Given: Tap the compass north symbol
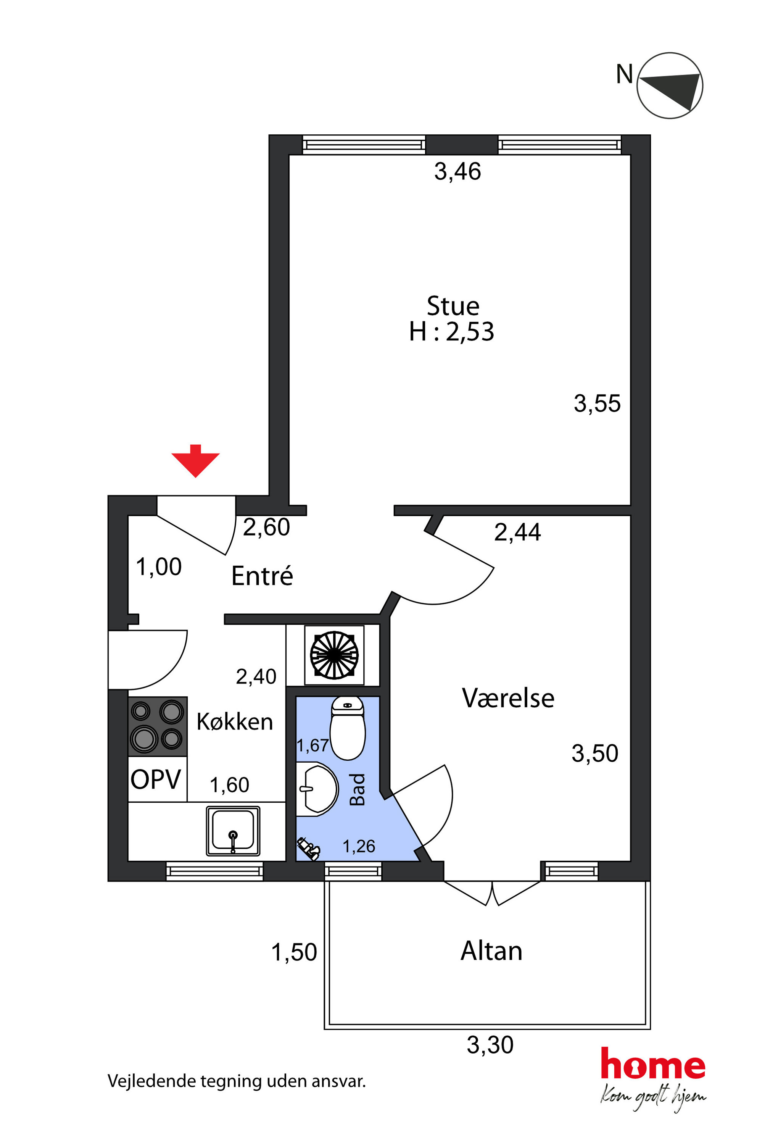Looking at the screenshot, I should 670,86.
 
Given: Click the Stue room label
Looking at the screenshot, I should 453,306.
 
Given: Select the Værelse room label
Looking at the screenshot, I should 508,698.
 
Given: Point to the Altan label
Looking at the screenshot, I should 491,951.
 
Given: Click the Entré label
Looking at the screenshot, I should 262,576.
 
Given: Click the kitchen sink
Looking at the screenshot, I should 233,831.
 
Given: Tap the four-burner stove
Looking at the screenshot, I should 157,726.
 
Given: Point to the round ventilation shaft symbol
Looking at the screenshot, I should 334,655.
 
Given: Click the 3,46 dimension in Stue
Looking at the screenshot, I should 457,171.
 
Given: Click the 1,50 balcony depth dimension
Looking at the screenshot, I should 294,952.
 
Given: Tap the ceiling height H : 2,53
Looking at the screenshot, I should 451,332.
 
